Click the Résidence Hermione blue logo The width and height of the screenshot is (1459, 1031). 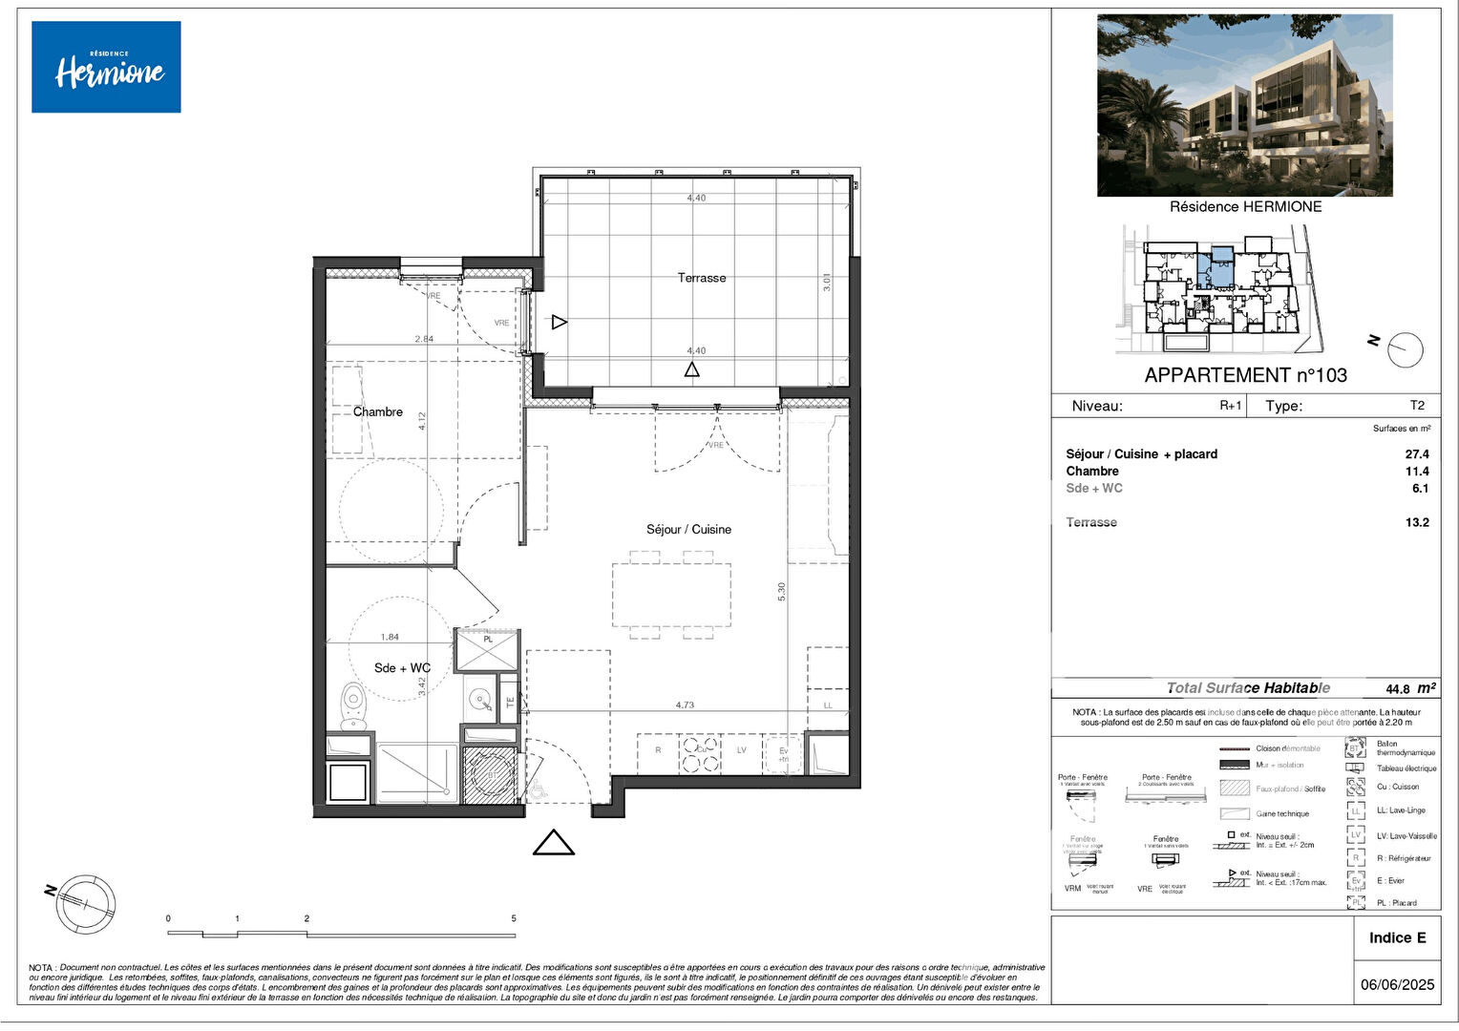pos(106,67)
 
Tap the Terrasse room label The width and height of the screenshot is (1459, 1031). pos(702,278)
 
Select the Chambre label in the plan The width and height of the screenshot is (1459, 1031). pos(378,411)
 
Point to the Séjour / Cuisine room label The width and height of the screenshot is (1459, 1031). pos(688,529)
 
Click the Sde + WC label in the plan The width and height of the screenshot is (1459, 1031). pos(402,667)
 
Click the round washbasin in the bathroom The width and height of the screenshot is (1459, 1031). pos(479,703)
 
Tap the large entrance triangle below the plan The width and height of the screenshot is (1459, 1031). pos(553,843)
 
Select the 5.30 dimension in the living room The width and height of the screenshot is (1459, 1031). pos(782,591)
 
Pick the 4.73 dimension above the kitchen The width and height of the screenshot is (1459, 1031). pos(685,705)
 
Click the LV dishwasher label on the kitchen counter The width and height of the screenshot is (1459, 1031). pos(741,750)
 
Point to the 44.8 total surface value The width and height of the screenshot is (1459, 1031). pos(1397,688)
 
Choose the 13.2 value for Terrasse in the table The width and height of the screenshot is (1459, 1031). pos(1417,522)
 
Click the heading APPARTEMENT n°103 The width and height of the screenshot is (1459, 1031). pos(1245,375)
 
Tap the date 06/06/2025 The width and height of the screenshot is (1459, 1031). pos(1397,984)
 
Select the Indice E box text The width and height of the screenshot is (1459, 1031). pos(1397,937)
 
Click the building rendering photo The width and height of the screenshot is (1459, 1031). pos(1244,105)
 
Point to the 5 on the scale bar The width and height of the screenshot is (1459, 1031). pos(514,918)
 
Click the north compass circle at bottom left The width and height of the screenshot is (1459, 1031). pos(86,903)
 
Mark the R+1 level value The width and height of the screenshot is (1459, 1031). pos(1231,405)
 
